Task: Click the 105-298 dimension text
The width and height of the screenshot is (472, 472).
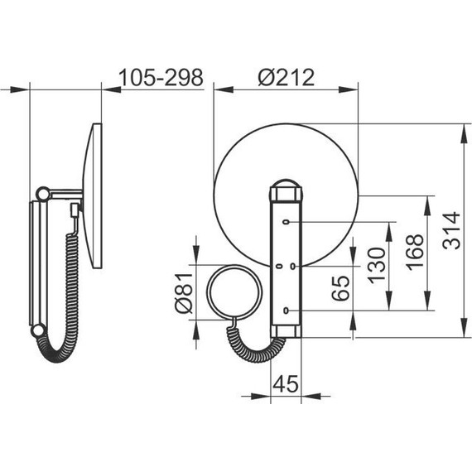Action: [x=161, y=77]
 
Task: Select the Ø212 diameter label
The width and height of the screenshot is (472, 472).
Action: [x=286, y=77]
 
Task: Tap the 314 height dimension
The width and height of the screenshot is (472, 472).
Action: [x=451, y=230]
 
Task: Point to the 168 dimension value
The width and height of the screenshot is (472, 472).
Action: [x=415, y=253]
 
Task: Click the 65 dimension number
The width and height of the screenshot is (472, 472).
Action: [x=340, y=288]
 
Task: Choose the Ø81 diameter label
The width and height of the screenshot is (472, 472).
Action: [x=183, y=293]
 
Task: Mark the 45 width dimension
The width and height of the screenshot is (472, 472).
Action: [x=286, y=383]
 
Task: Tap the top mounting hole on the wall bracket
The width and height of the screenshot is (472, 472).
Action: [x=286, y=222]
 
